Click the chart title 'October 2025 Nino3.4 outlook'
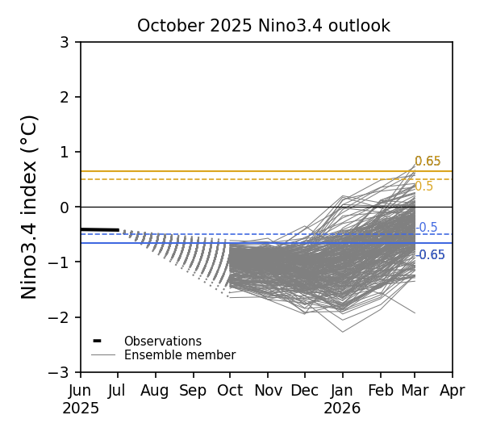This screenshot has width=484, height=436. coord(263,26)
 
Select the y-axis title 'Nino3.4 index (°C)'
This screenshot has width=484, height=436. coord(30,207)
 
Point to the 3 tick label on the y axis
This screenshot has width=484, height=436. coord(65,42)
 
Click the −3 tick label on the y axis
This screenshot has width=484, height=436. coord(60,372)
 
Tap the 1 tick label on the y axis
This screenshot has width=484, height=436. coord(65,152)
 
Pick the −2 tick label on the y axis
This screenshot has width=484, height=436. coord(60,317)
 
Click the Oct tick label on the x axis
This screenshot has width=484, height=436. coord(230,391)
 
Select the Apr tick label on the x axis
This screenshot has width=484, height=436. coord(453,391)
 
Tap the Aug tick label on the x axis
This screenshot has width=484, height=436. coord(155,391)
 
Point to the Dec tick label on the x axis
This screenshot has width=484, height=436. coord(304,391)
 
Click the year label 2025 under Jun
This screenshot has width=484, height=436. coord(81,409)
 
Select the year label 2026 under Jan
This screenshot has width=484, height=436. coord(342,409)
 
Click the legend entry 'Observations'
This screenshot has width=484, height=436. coord(162,342)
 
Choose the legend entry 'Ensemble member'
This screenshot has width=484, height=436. coord(179,355)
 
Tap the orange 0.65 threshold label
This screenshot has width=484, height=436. coord(428,161)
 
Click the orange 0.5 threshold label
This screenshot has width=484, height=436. coord(423,187)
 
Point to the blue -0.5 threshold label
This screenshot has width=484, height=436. coord(427,228)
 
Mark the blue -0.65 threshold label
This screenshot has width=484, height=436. coord(431,255)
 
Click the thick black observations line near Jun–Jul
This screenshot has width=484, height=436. coord(99,230)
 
